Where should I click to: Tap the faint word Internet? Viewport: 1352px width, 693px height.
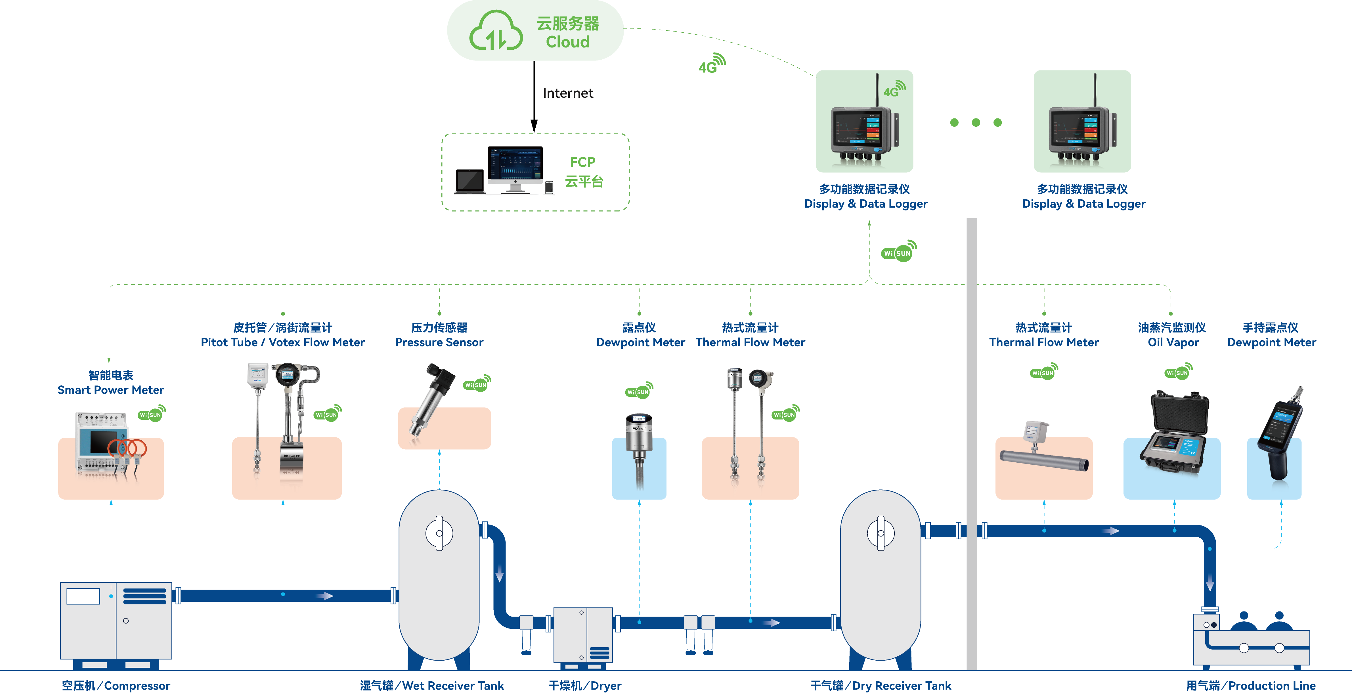pos(568,93)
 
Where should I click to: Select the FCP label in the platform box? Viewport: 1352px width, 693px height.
pos(582,162)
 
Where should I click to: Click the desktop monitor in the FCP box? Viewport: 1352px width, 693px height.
pos(515,167)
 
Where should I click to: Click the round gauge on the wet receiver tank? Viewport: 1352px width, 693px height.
pos(439,533)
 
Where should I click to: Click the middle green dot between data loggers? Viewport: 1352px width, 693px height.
pos(976,122)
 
